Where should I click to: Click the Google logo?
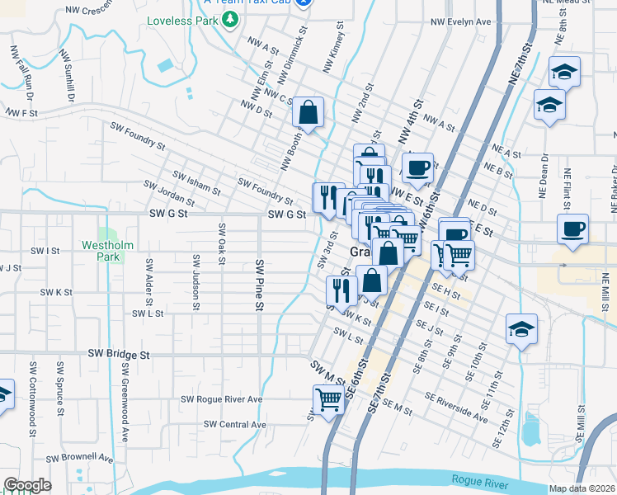coord(27,485)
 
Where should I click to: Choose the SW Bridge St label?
coord(120,354)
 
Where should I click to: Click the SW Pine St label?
coord(259,285)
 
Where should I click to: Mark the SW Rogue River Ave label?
coord(221,399)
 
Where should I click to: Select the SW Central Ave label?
coord(235,425)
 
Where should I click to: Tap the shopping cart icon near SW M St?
coord(328,400)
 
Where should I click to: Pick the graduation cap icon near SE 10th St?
coord(521,329)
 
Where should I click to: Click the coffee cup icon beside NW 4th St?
coord(417,167)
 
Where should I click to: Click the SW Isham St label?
coord(195,181)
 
